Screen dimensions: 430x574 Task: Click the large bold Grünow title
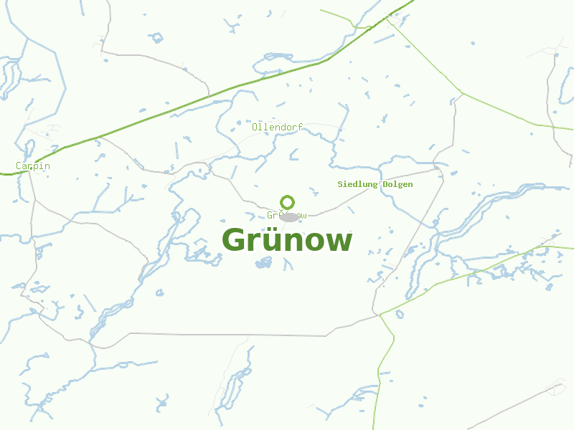pyautogui.click(x=287, y=241)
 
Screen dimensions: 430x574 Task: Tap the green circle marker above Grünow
pyautogui.click(x=288, y=202)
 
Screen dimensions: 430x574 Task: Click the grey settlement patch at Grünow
pyautogui.click(x=290, y=216)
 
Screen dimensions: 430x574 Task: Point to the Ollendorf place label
pyautogui.click(x=277, y=127)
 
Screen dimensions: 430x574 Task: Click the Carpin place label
pyautogui.click(x=33, y=166)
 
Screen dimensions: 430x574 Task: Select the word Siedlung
pyautogui.click(x=357, y=184)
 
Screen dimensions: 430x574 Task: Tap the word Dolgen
pyautogui.click(x=397, y=184)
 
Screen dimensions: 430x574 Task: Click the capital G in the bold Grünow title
pyautogui.click(x=236, y=241)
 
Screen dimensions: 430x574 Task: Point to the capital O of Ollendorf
pyautogui.click(x=255, y=127)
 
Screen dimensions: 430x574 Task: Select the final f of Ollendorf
pyautogui.click(x=301, y=127)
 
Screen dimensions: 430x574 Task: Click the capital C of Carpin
pyautogui.click(x=19, y=166)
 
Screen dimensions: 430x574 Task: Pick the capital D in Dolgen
pyautogui.click(x=385, y=184)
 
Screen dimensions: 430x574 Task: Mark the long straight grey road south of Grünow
pyautogui.click(x=230, y=334)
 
